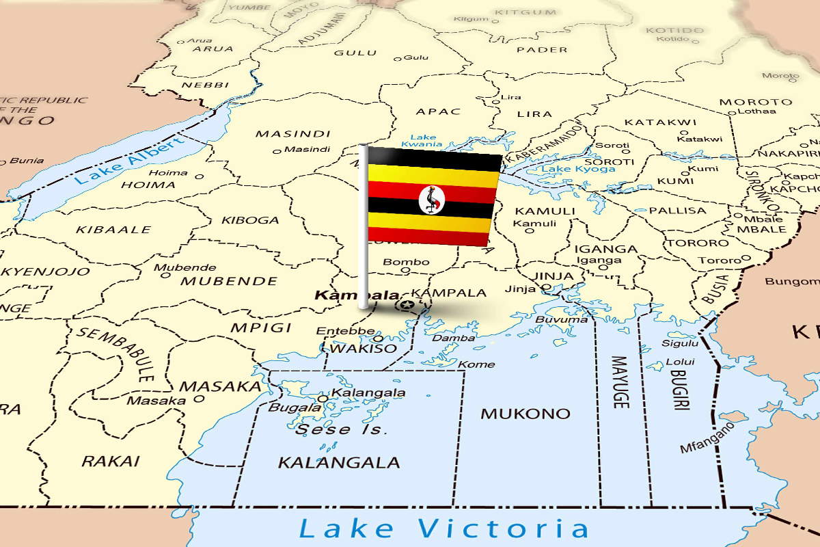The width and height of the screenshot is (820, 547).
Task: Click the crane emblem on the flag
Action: (431, 199)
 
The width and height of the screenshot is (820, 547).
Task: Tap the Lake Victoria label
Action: (443, 529)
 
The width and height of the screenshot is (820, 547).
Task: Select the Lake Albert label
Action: (129, 161)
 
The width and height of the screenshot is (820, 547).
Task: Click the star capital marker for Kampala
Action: (408, 304)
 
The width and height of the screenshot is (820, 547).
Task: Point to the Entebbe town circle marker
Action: (378, 338)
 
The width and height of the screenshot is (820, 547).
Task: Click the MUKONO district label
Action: (525, 414)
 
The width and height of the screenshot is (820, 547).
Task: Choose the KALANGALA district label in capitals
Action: (338, 463)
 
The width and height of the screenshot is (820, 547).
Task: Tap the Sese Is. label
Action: (342, 430)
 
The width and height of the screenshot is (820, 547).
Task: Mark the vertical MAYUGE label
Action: (619, 382)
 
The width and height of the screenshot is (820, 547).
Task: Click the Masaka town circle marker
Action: (199, 398)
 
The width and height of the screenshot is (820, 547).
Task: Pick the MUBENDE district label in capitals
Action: (229, 281)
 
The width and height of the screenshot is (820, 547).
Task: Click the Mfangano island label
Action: (707, 438)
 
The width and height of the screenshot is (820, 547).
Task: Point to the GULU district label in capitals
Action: (355, 53)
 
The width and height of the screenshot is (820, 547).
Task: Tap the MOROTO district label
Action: (755, 102)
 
